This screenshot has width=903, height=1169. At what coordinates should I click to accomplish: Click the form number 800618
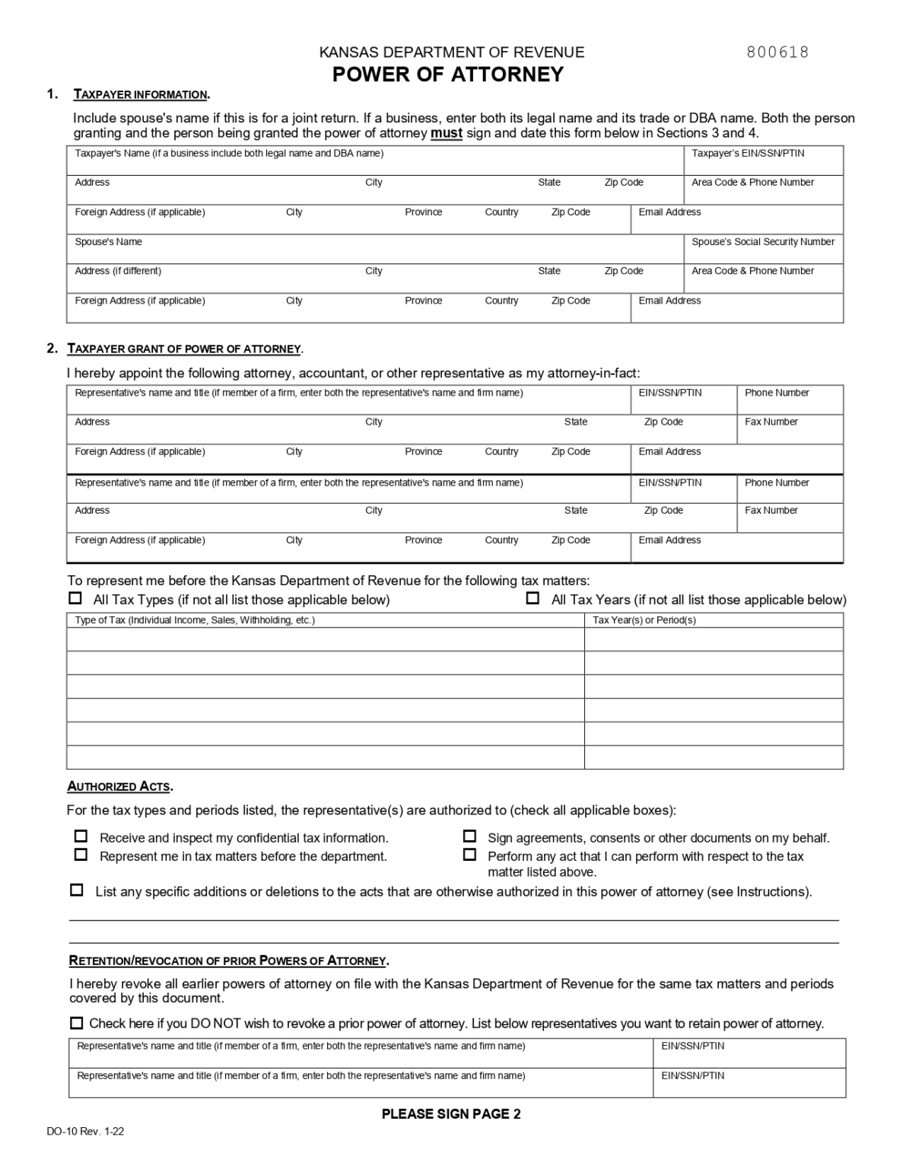777,52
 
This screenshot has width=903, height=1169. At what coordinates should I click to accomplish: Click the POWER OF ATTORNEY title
448,75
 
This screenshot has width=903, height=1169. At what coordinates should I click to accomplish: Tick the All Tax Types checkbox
75,598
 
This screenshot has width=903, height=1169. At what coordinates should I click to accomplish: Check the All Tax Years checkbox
533,598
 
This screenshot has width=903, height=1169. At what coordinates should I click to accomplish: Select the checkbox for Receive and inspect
81,836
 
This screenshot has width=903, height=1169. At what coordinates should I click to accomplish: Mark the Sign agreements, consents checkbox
469,836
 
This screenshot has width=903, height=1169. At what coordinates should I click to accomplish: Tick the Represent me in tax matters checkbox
81,855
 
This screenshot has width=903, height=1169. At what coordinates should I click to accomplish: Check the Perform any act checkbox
469,855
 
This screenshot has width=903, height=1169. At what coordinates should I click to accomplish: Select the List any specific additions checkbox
76,890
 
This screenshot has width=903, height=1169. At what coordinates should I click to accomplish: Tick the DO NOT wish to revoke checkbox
76,1023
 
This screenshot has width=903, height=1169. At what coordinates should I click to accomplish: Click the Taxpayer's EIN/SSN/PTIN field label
747,154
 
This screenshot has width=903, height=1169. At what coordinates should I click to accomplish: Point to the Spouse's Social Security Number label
762,242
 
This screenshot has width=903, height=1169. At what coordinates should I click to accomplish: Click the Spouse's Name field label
108,242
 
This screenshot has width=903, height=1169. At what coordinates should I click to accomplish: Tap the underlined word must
447,133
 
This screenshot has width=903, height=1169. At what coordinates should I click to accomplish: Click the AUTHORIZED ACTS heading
119,786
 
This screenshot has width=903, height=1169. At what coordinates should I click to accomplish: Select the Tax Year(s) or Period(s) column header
644,620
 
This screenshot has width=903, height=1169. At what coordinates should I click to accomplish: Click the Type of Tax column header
194,620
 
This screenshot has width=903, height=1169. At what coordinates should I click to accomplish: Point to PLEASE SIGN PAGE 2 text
451,1114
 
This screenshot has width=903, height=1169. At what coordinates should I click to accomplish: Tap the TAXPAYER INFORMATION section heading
141,94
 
